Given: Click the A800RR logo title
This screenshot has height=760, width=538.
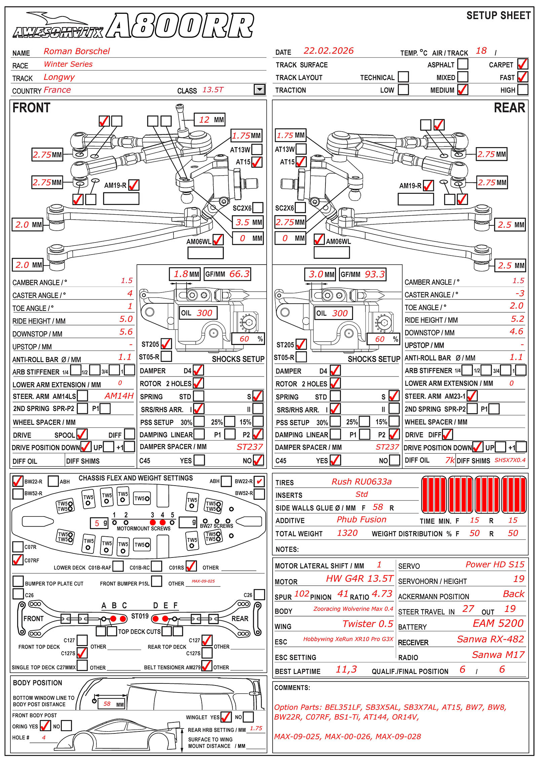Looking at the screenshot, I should pos(180,26).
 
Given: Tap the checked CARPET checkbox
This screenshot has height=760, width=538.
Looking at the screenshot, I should pos(523,64).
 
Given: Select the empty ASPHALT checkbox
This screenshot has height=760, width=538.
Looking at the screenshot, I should pos(463,64).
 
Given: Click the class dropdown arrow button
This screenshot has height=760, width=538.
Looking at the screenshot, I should pos(260,89).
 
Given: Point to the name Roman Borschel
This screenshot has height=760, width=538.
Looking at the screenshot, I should pos(77,51).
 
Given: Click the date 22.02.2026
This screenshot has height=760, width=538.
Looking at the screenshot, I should pos(329,51).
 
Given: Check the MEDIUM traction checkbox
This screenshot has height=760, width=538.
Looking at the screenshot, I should pos(463,90).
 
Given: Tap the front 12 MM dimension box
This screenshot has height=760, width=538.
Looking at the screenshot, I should pos(209,120).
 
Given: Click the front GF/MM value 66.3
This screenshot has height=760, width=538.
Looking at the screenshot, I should pos(239,274).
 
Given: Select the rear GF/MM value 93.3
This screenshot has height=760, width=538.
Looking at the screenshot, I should pos(375,274).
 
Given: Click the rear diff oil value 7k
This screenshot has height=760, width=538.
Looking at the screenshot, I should pos(450,460).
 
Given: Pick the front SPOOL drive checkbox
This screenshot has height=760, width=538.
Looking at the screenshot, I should pos(82,434).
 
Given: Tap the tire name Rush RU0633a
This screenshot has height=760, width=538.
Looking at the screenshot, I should pos(361,482).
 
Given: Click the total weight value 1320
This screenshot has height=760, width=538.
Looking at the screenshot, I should pos(347,533).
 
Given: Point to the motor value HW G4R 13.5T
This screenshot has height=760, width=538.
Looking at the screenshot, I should pos(359,578).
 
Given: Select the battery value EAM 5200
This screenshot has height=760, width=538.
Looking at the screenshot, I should pos(498,623).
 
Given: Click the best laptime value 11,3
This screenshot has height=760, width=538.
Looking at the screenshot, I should pos(346,669).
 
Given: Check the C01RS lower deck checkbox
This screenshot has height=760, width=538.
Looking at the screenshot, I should pos(191,566).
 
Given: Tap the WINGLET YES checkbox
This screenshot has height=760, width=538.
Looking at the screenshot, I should pos(226,717).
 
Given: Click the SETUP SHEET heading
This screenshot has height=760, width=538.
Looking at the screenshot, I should pos(498,16).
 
